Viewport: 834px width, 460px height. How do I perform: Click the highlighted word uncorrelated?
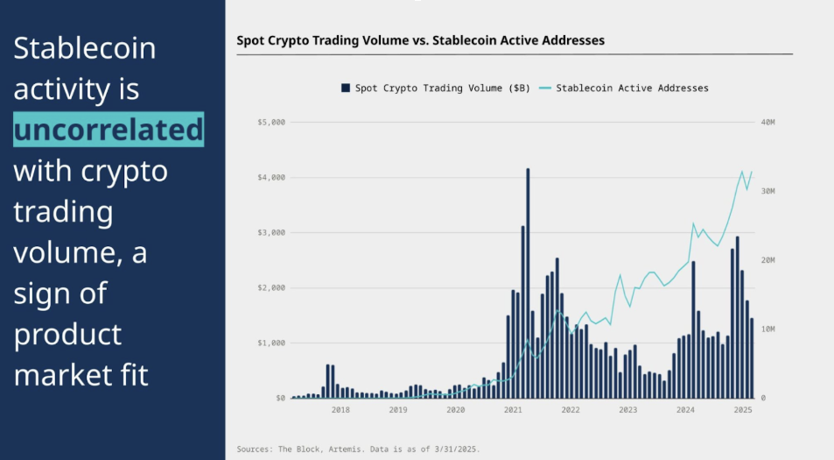pos(109,130)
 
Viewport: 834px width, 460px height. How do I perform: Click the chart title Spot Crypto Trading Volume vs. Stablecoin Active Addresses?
pos(420,40)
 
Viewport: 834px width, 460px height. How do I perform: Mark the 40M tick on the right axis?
pos(768,122)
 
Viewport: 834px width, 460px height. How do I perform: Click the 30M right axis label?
pos(768,191)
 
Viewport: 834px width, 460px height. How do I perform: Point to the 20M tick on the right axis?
pos(768,260)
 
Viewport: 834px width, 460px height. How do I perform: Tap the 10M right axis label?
pos(768,329)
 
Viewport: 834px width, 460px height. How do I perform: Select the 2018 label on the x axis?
pos(340,409)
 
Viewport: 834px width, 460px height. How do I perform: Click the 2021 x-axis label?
pos(513,409)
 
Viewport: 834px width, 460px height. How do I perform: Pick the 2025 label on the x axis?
pos(743,409)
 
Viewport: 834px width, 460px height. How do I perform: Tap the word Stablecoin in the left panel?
pos(84,47)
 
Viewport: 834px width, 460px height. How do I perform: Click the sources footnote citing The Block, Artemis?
pos(358,449)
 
